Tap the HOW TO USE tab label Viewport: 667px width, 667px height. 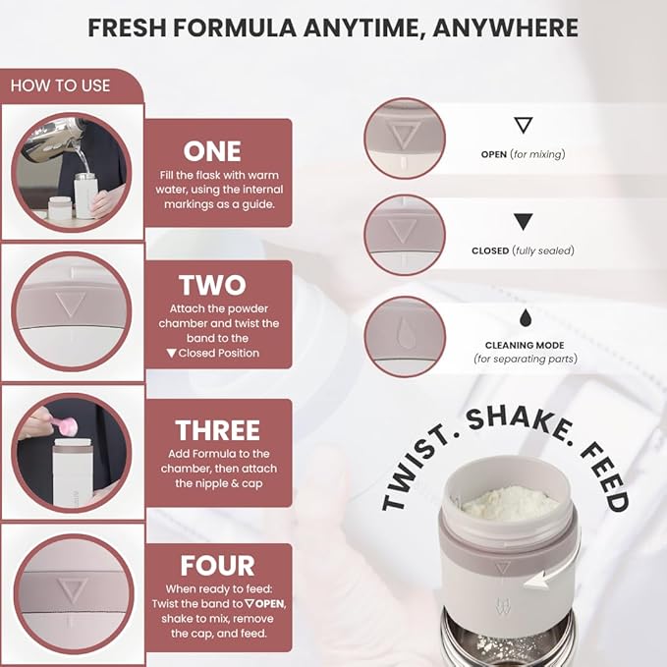(x=60, y=85)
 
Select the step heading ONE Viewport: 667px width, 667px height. (x=212, y=150)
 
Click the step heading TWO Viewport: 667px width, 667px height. (x=212, y=285)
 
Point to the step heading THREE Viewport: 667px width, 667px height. (x=217, y=429)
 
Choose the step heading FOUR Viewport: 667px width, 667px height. (x=217, y=566)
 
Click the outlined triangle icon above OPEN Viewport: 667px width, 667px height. (x=523, y=125)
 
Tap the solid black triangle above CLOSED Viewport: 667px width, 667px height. (x=523, y=222)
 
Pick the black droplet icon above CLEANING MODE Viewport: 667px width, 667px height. (x=523, y=317)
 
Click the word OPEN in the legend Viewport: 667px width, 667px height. (x=494, y=154)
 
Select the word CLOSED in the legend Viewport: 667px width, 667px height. (x=491, y=250)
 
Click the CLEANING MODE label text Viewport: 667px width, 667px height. (x=523, y=345)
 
